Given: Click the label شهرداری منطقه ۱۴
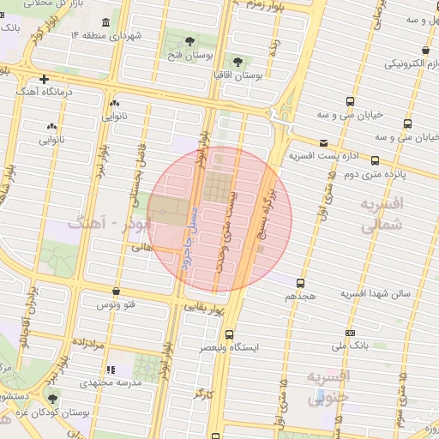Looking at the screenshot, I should (x=105, y=36).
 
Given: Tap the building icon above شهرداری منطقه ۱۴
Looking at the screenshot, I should (x=105, y=22).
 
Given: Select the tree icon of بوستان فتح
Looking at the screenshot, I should (x=189, y=40).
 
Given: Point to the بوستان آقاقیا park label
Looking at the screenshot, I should (x=237, y=76).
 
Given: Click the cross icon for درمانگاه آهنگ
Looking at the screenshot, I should (x=44, y=79).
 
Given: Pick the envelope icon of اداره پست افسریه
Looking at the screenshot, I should (x=323, y=142).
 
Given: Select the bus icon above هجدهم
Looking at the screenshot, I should (x=300, y=282).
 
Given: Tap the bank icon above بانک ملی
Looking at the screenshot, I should (x=349, y=333).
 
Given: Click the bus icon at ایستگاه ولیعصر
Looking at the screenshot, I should (x=229, y=334).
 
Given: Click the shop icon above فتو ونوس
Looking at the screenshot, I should (x=117, y=292).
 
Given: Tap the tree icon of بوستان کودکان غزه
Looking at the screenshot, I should (x=53, y=400).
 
